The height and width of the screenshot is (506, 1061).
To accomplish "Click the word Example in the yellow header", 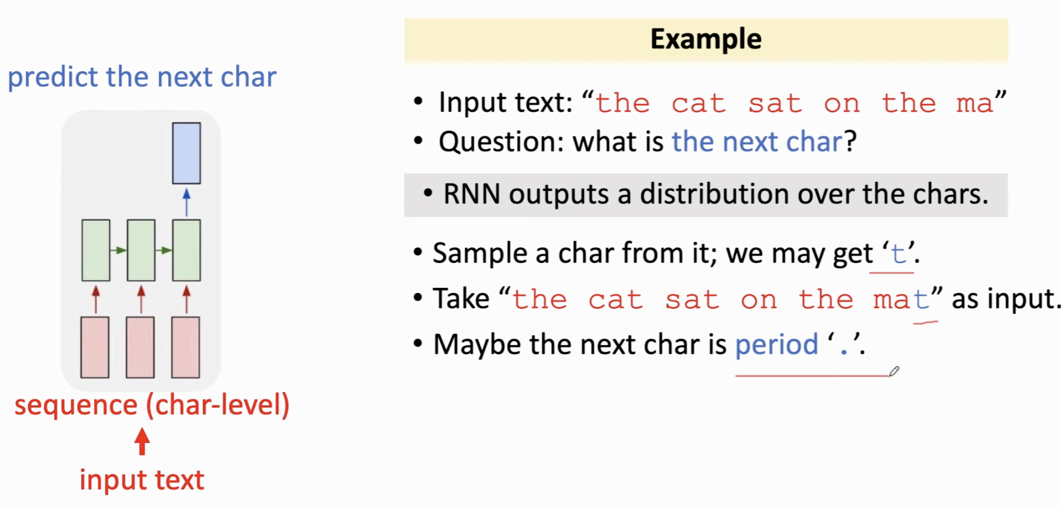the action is (706, 39).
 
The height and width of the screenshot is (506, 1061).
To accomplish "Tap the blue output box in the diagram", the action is (186, 153).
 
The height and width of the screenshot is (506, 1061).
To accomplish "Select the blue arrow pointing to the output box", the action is (186, 202).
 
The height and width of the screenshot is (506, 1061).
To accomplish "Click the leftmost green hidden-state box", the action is (96, 250).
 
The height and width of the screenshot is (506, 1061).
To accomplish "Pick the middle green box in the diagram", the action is (141, 250).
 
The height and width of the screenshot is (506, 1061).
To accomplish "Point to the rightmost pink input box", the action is (186, 347).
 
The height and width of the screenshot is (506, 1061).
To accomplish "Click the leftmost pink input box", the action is (95, 347).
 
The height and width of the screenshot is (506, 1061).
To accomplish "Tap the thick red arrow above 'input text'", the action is (142, 441).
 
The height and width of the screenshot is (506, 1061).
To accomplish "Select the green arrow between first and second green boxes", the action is (119, 250).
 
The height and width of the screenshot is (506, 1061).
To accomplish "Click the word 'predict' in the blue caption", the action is (53, 78).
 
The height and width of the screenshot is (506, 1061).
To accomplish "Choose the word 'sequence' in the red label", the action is (76, 405).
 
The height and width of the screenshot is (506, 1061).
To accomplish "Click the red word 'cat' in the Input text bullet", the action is (699, 104).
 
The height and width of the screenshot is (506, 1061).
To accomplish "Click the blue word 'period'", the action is (777, 345).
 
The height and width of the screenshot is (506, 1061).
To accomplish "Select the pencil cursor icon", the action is (894, 371).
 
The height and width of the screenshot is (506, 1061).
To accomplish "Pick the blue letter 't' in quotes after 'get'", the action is (898, 254).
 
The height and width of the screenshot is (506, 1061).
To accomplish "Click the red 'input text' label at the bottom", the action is (142, 480).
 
